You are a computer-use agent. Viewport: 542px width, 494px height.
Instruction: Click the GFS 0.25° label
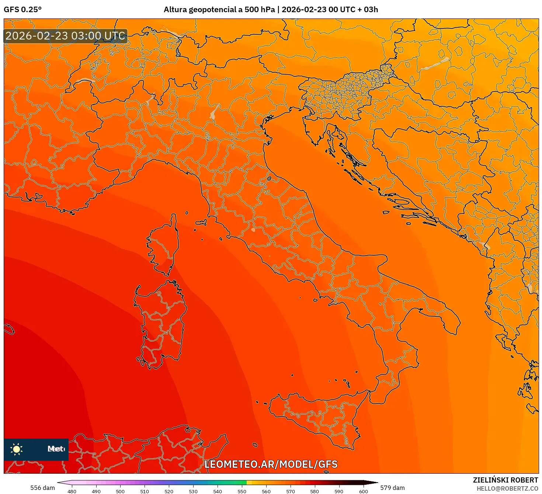22,10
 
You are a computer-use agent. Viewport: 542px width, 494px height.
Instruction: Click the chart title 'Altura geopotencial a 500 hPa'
219,10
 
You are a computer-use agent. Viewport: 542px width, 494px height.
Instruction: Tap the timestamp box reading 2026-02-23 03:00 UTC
66,36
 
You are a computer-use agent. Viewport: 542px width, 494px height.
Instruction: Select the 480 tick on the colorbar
72,491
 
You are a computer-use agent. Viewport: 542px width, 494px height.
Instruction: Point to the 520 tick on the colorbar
169,491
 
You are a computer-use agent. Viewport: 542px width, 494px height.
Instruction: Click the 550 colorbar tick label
242,491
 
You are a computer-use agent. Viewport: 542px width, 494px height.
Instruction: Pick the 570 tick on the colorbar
291,491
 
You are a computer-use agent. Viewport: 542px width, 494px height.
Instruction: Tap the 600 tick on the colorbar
363,491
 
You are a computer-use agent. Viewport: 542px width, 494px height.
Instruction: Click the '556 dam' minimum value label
42,488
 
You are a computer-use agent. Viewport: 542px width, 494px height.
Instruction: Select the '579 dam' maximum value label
392,488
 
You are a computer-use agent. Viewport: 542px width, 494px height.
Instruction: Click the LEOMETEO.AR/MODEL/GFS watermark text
271,464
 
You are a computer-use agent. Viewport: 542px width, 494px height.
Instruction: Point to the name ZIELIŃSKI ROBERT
505,480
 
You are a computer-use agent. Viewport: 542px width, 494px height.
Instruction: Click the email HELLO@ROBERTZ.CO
507,488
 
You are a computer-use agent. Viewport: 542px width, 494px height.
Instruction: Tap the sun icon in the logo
17,449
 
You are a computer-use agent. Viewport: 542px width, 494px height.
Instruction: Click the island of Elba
201,223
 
